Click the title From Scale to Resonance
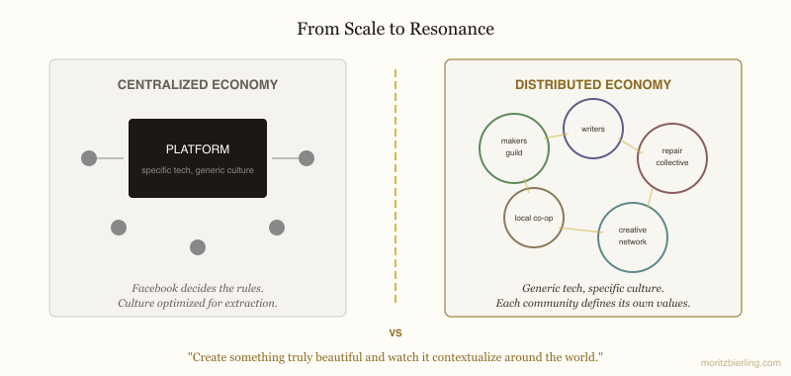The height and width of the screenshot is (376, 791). pyautogui.click(x=395, y=30)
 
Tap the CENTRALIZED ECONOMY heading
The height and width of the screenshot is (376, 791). pyautogui.click(x=198, y=85)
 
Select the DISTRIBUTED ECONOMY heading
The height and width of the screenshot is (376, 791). pyautogui.click(x=593, y=85)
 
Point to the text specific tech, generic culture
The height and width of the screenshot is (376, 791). pyautogui.click(x=198, y=170)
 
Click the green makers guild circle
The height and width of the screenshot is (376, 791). pyautogui.click(x=513, y=147)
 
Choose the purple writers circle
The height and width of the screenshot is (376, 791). pyautogui.click(x=592, y=129)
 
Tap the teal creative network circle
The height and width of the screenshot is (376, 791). pyautogui.click(x=633, y=236)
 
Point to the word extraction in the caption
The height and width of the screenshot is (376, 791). pyautogui.click(x=247, y=303)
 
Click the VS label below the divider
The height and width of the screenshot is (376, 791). pyautogui.click(x=395, y=332)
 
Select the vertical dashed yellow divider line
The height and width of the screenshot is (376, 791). pyautogui.click(x=395, y=188)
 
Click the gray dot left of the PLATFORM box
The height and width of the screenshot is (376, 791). pyautogui.click(x=89, y=157)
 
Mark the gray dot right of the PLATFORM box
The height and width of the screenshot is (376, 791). pyautogui.click(x=307, y=157)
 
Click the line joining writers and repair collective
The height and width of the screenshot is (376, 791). pyautogui.click(x=629, y=144)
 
